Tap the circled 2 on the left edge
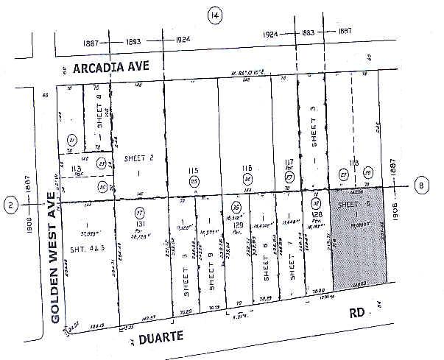tap(10, 205)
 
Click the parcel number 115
tap(194, 169)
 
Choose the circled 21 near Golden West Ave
tap(72, 141)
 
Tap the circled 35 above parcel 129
tap(236, 207)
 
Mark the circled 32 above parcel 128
tap(315, 203)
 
